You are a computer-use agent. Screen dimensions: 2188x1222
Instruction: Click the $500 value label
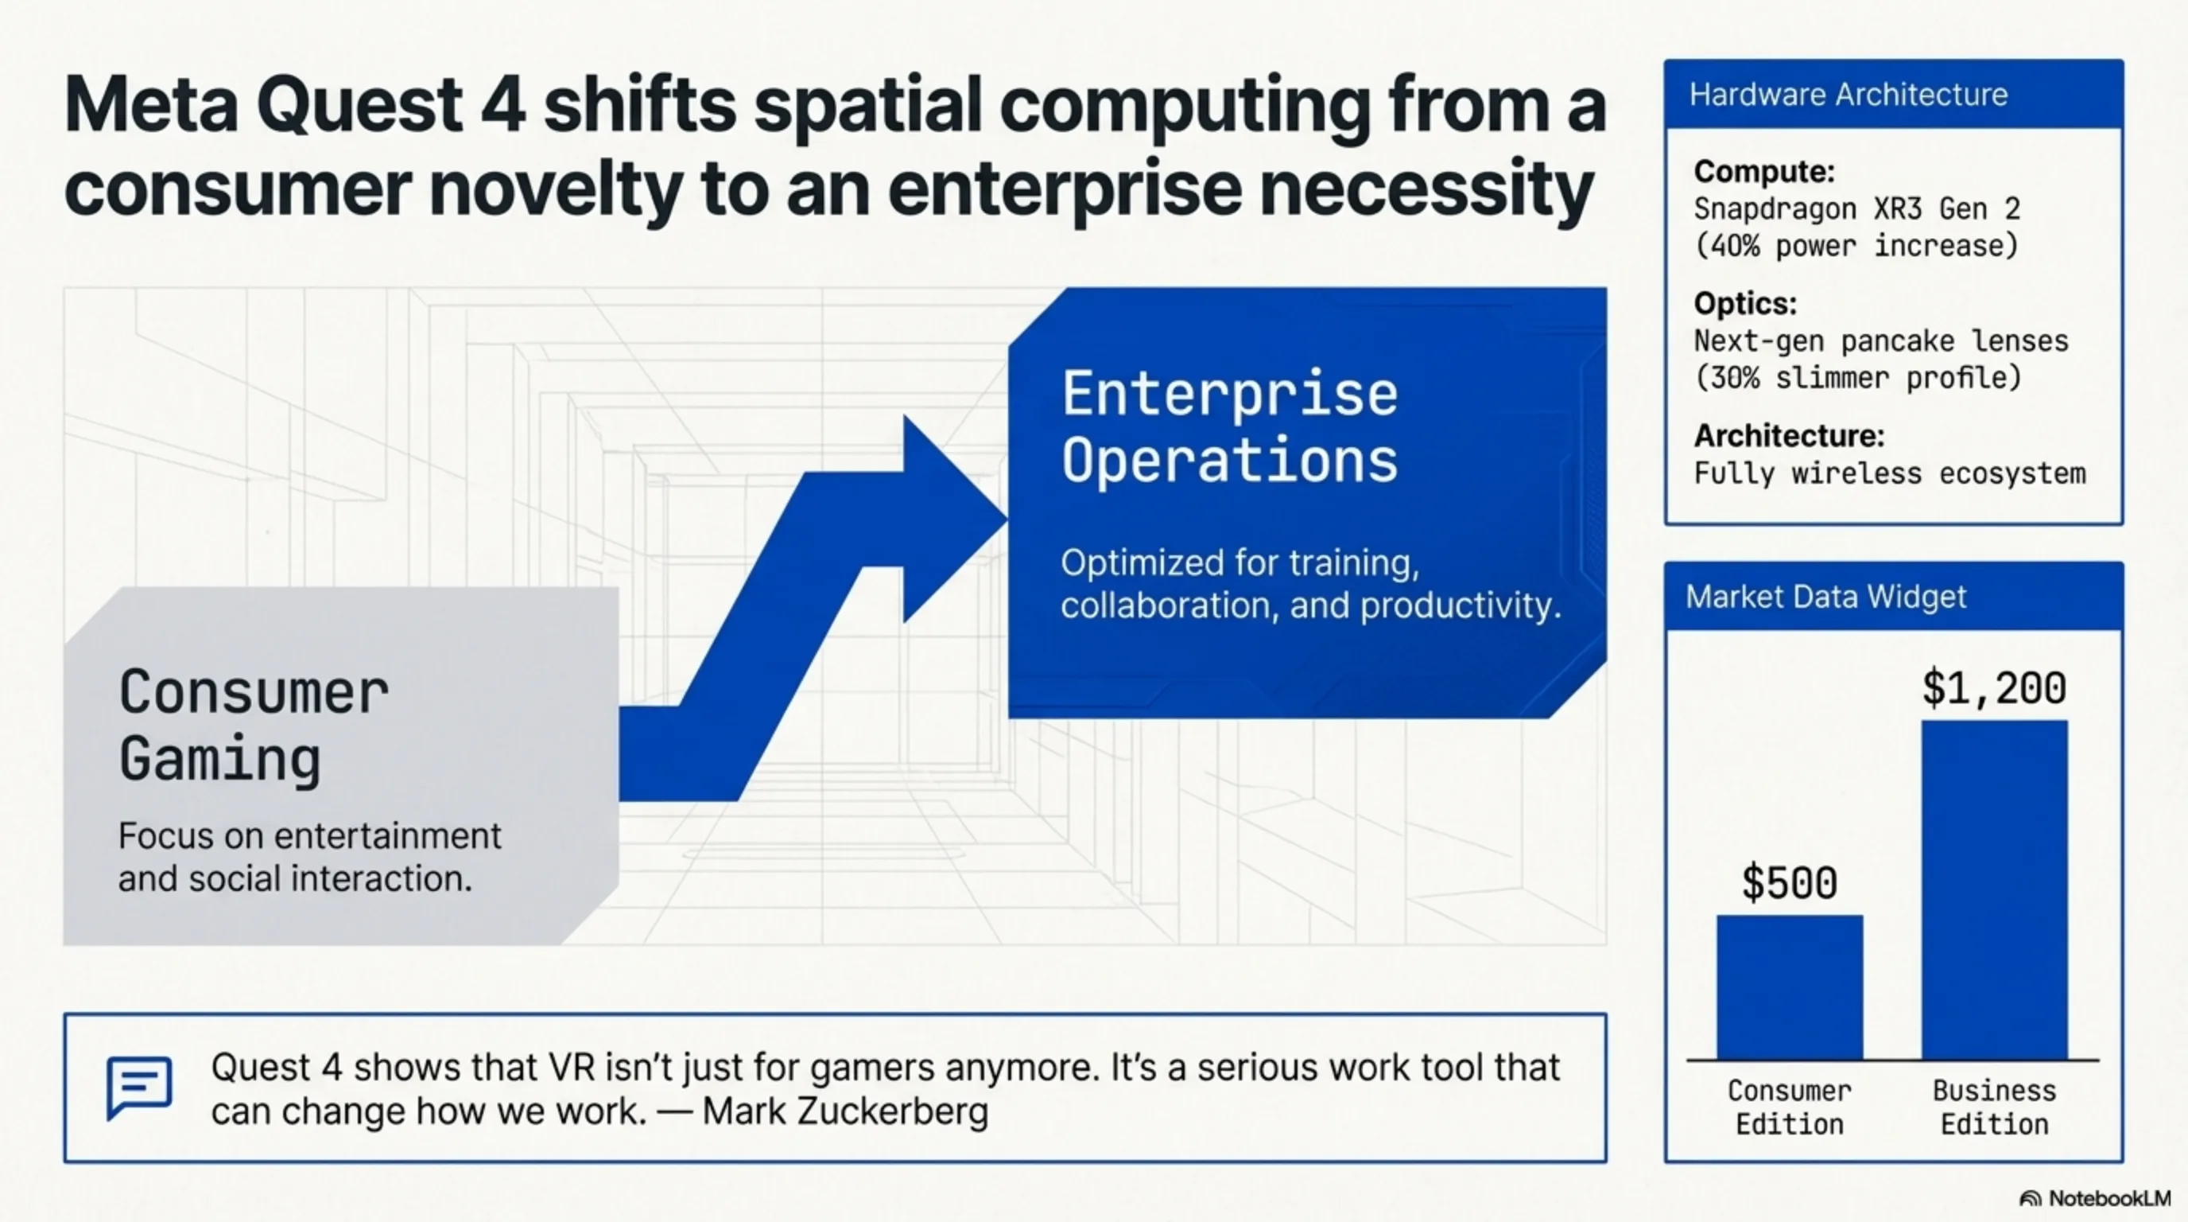tap(1789, 882)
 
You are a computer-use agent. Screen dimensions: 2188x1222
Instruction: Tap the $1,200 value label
tap(1993, 687)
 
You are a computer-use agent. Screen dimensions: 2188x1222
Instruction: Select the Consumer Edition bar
tap(1790, 987)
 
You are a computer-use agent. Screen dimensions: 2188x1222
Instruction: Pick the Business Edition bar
tap(1994, 889)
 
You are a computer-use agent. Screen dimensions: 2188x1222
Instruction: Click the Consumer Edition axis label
tap(1790, 1107)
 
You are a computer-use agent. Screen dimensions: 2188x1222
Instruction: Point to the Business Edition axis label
tap(1994, 1107)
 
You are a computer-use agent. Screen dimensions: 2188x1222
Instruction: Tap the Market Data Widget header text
tap(1825, 597)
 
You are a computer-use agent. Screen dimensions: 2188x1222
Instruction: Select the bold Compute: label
tap(1764, 172)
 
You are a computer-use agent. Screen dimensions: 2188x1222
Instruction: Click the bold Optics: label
tap(1745, 303)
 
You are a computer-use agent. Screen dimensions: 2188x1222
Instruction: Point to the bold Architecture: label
tap(1789, 436)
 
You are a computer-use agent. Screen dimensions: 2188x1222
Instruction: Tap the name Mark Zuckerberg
tap(846, 1111)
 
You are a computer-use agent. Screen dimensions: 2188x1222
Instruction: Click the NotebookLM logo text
tap(2109, 1198)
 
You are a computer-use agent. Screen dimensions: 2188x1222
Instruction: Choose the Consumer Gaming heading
tap(254, 725)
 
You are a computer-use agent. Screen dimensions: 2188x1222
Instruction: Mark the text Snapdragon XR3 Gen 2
tap(1856, 209)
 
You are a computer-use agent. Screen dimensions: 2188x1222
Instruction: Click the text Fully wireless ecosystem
tap(1890, 473)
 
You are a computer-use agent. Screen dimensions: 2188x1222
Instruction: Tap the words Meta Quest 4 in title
tap(295, 105)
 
